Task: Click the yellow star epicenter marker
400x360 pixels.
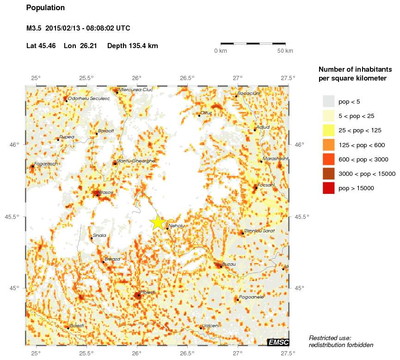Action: [158, 222]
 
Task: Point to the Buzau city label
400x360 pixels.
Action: [229, 264]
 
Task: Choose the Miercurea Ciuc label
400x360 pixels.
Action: [136, 90]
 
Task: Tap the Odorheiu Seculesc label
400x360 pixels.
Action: [89, 99]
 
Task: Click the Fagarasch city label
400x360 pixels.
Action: [46, 164]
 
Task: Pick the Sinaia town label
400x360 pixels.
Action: [99, 236]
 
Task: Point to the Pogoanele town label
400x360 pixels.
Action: [252, 297]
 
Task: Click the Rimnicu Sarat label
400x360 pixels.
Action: [259, 230]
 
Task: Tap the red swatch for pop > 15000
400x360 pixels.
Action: [328, 188]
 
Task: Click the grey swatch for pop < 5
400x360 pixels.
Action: [328, 101]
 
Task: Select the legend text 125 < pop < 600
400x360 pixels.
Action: [362, 145]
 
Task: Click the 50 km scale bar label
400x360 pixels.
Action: [285, 51]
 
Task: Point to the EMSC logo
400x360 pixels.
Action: [278, 342]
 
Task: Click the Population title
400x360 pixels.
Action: [46, 8]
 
